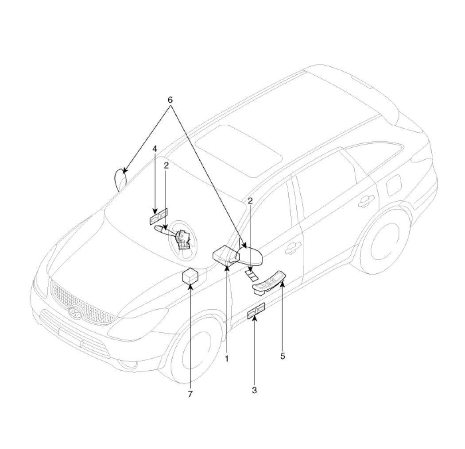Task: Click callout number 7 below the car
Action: pyautogui.click(x=190, y=394)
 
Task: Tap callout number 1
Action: pyautogui.click(x=227, y=359)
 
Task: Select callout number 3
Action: pyautogui.click(x=254, y=390)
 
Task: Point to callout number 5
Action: pyautogui.click(x=283, y=356)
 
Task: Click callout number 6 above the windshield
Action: pyautogui.click(x=170, y=100)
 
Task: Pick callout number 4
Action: pyautogui.click(x=154, y=149)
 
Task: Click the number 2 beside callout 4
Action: pyautogui.click(x=166, y=165)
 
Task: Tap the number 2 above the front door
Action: pyautogui.click(x=250, y=201)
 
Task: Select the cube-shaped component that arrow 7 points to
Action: pyautogui.click(x=190, y=276)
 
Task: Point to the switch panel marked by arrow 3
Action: pyautogui.click(x=256, y=311)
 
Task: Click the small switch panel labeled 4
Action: pyautogui.click(x=159, y=215)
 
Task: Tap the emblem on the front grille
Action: pyautogui.click(x=74, y=312)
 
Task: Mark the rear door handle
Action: pyautogui.click(x=366, y=201)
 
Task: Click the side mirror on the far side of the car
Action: pyautogui.click(x=120, y=180)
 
